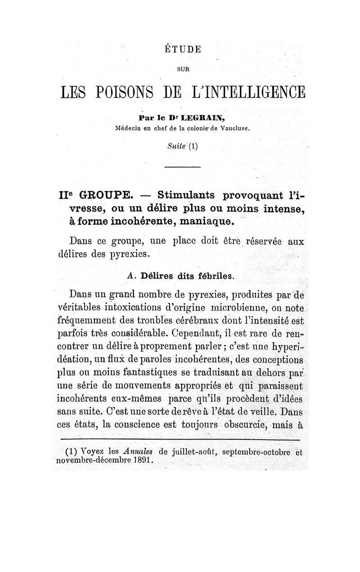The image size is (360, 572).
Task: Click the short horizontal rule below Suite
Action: [x=180, y=168]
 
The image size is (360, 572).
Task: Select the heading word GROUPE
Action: [x=105, y=196]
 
